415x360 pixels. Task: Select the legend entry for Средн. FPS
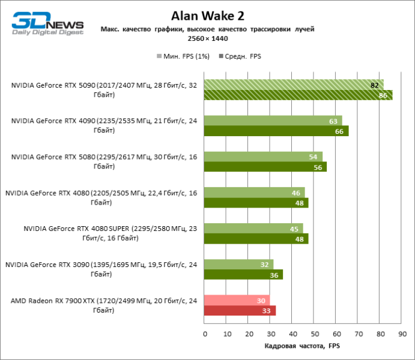point(240,56)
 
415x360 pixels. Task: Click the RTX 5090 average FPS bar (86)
point(298,95)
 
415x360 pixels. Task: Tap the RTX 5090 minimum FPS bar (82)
point(294,85)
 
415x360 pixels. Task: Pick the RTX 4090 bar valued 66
point(276,131)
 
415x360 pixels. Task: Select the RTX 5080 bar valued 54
point(263,157)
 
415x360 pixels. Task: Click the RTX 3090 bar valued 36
point(243,275)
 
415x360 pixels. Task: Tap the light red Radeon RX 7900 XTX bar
point(237,300)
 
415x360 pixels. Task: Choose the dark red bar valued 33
point(240,311)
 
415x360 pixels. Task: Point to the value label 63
point(333,121)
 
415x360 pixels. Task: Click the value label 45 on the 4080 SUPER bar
point(294,229)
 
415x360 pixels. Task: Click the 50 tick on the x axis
point(314,334)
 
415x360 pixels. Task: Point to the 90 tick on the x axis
point(402,334)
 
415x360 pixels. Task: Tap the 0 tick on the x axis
point(205,334)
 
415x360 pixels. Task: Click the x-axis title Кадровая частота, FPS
point(302,347)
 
